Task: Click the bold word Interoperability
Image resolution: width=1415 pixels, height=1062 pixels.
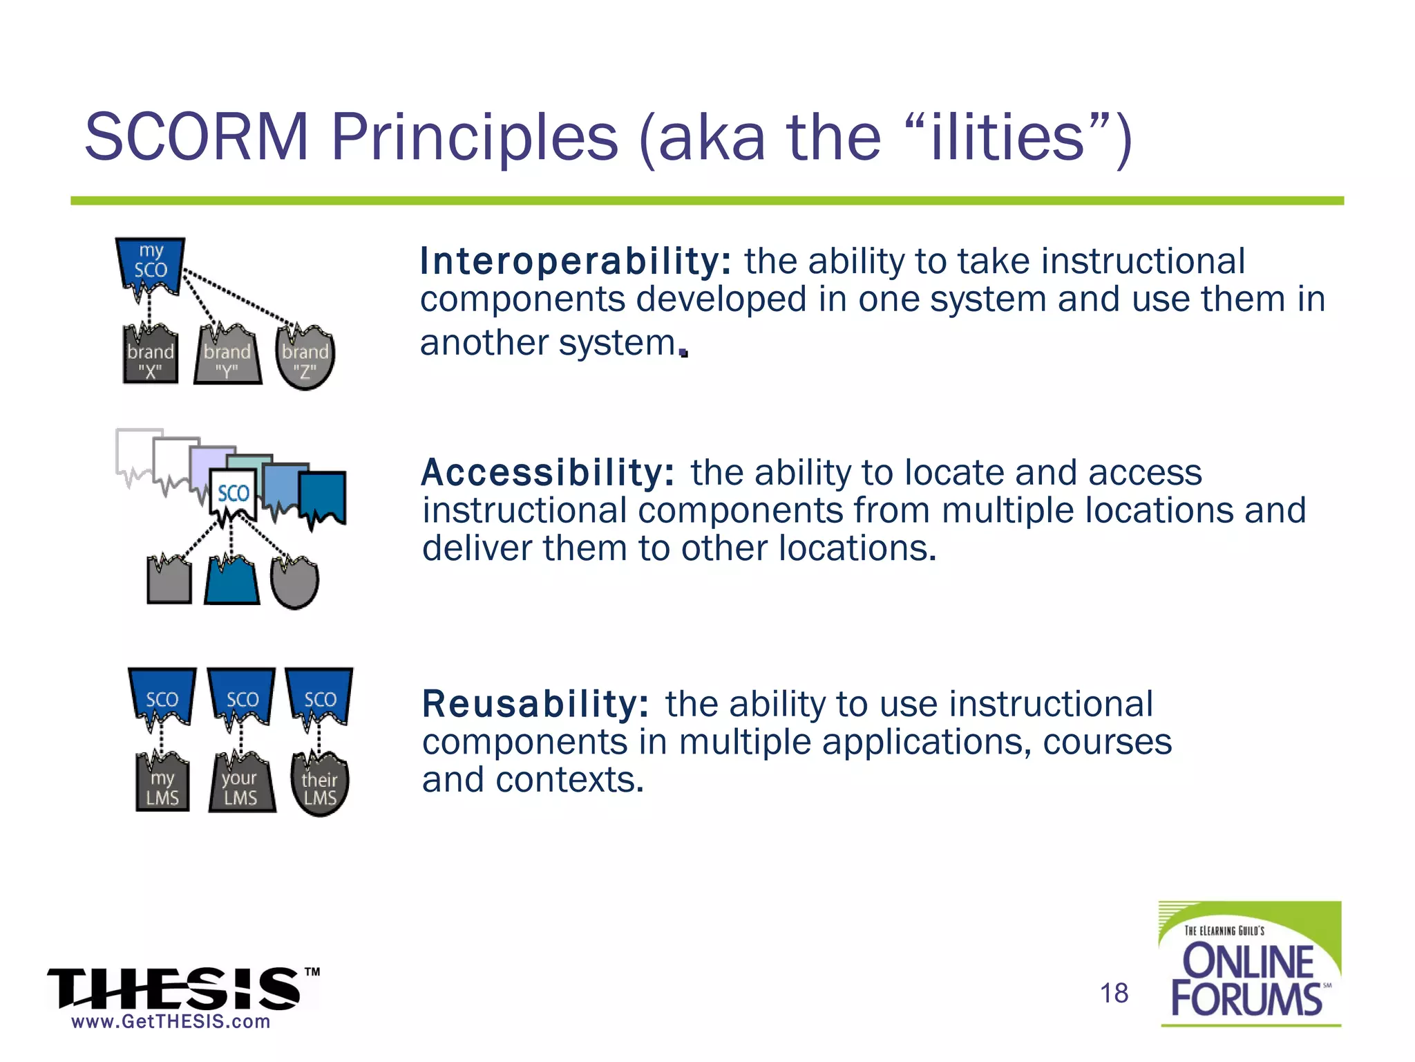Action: pyautogui.click(x=575, y=261)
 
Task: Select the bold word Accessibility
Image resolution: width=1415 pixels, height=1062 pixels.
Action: pyautogui.click(x=547, y=473)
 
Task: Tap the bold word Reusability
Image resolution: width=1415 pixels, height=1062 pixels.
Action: pyautogui.click(x=535, y=704)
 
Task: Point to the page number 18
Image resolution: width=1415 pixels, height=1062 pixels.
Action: pyautogui.click(x=1114, y=994)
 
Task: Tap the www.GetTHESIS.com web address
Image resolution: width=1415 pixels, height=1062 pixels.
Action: pyautogui.click(x=171, y=1022)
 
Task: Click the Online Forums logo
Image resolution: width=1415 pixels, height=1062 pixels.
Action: pyautogui.click(x=1249, y=965)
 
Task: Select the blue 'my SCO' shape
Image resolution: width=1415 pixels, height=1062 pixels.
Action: pyautogui.click(x=151, y=265)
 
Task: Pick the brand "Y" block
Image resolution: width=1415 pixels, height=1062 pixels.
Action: pyautogui.click(x=227, y=358)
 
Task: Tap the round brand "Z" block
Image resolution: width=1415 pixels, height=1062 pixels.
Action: pyautogui.click(x=305, y=360)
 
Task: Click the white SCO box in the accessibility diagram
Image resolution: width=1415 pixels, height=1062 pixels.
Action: pyautogui.click(x=233, y=494)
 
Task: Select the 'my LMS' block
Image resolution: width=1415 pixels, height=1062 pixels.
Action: pyautogui.click(x=163, y=785)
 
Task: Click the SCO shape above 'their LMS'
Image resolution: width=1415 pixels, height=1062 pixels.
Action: pyautogui.click(x=320, y=697)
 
